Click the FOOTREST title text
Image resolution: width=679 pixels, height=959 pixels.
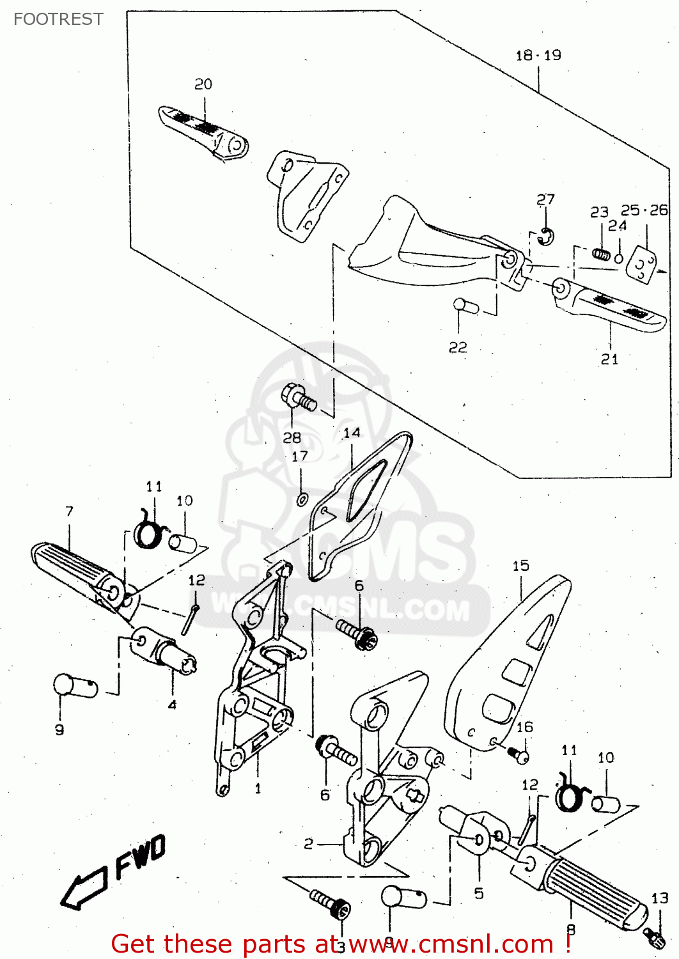(x=58, y=19)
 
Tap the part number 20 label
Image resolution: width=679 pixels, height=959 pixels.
(x=203, y=84)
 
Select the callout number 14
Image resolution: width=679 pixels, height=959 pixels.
(x=352, y=433)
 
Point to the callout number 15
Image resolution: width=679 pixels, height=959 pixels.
(x=520, y=566)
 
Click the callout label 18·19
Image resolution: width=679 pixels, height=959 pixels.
(x=538, y=56)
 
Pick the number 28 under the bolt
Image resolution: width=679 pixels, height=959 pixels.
(x=292, y=438)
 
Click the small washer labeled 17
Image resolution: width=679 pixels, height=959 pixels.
(x=302, y=499)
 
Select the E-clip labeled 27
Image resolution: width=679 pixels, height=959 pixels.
(x=546, y=237)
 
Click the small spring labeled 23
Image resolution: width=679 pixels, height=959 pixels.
(x=601, y=254)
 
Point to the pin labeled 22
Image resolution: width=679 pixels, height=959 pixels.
(x=465, y=306)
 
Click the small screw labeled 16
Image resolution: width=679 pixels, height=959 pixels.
(x=519, y=756)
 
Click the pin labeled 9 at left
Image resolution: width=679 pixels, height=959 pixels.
(x=73, y=687)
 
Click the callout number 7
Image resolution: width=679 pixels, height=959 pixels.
(x=69, y=511)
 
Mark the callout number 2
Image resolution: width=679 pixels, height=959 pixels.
(x=309, y=844)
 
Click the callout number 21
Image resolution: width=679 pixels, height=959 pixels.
(x=610, y=359)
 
